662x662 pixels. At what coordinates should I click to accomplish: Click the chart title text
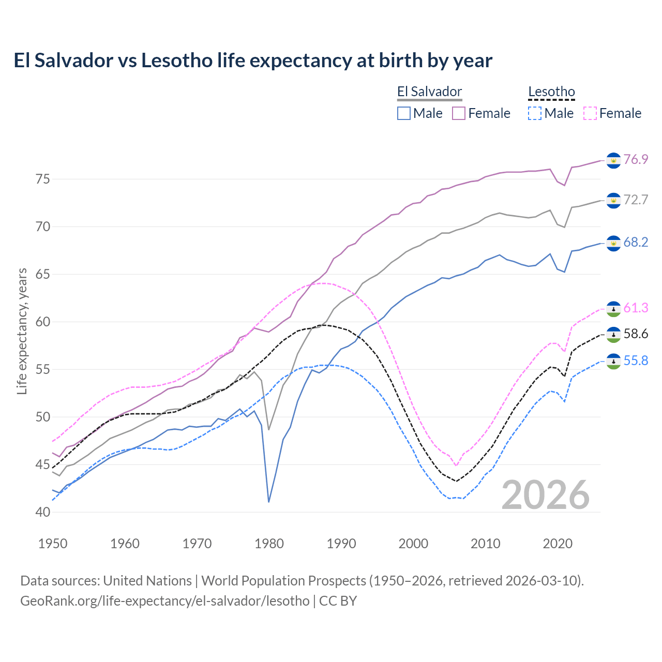[x=253, y=61]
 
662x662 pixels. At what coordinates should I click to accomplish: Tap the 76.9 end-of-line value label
[x=636, y=159]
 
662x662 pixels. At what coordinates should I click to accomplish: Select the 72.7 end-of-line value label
[x=636, y=200]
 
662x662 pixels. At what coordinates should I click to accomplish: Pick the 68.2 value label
[x=636, y=243]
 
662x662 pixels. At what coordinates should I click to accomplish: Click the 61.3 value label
[x=636, y=308]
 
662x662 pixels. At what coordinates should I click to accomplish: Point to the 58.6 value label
[x=636, y=334]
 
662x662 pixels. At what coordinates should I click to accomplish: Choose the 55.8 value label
[x=636, y=360]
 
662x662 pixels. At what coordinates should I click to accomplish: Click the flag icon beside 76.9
[x=613, y=160]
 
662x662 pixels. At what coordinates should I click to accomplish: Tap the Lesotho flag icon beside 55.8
[x=613, y=361]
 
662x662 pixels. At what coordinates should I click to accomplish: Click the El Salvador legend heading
[x=429, y=92]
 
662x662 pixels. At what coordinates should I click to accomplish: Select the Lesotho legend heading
[x=551, y=92]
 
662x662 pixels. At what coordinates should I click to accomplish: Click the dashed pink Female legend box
[x=590, y=113]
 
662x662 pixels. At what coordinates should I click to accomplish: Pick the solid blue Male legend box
[x=404, y=113]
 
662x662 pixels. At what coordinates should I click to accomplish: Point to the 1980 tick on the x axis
[x=269, y=544]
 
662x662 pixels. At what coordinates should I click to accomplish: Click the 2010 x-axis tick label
[x=485, y=544]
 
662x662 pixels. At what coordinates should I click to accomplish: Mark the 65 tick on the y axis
[x=43, y=274]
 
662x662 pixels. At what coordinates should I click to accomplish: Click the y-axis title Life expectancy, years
[x=22, y=331]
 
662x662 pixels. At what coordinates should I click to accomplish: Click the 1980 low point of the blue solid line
[x=269, y=502]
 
